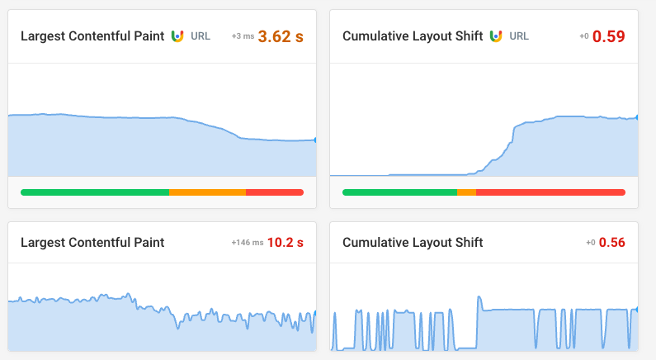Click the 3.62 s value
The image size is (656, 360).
(281, 36)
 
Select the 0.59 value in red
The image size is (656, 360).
(609, 36)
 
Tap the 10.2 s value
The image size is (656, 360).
(286, 243)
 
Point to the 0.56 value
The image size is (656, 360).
(612, 243)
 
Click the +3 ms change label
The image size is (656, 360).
(243, 36)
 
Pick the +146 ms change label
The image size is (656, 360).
(248, 243)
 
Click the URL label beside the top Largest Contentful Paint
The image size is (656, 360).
(201, 36)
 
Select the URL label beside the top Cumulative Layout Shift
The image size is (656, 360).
(519, 36)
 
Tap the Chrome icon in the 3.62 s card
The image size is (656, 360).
(177, 36)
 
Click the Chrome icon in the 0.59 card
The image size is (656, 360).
(496, 36)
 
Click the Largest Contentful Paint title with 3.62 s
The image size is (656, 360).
(92, 36)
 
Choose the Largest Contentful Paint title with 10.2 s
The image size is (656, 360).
(92, 243)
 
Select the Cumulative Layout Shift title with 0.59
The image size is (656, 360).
(413, 36)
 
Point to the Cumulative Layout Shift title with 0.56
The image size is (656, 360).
(413, 243)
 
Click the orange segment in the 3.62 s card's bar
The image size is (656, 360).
(207, 192)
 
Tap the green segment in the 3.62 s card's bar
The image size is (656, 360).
(95, 192)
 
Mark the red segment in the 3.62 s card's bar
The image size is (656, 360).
(275, 192)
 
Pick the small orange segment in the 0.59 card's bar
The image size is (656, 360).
(466, 192)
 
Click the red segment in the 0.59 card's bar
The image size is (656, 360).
(550, 192)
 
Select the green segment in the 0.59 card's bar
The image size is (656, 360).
(399, 192)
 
